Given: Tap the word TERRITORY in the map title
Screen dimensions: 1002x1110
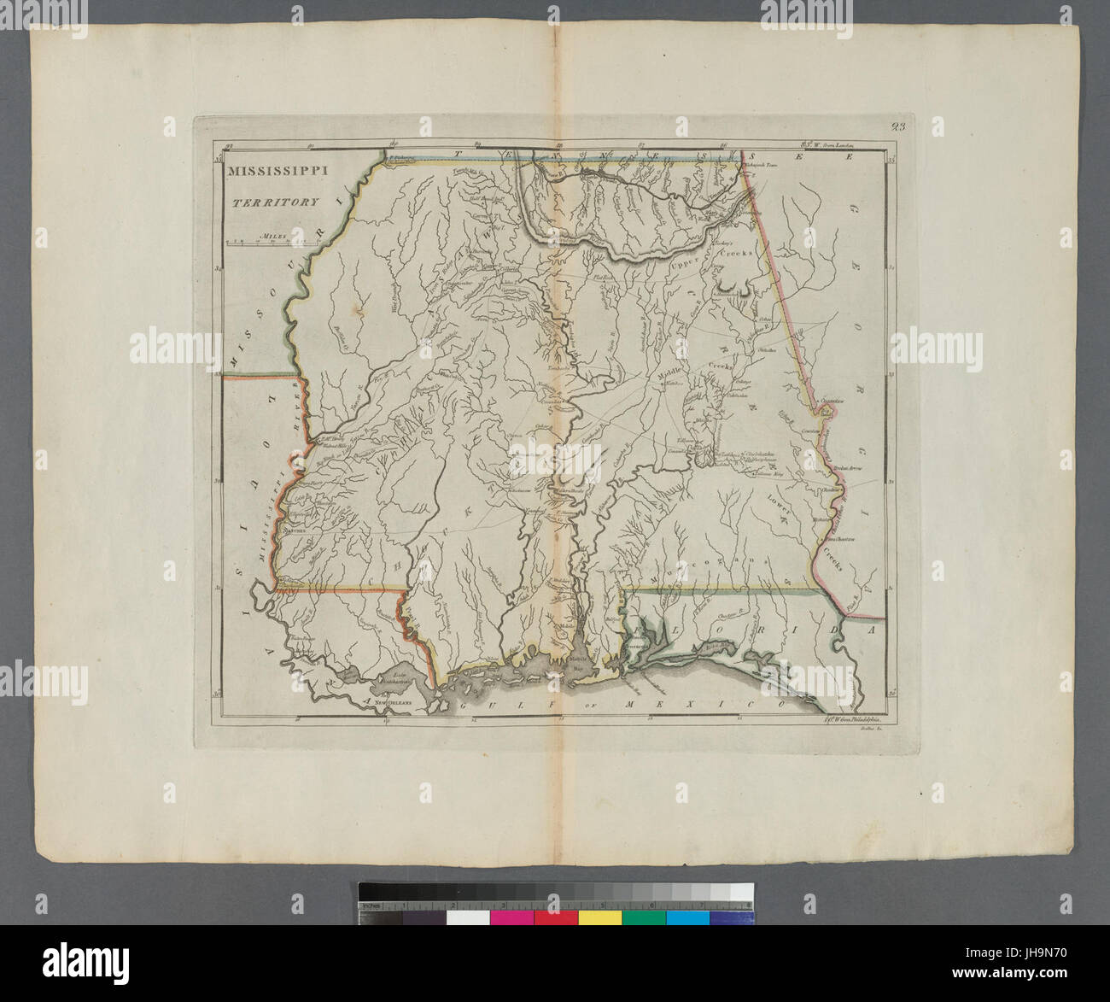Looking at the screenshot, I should point(273,202).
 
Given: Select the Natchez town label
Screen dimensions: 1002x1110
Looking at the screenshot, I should point(295,530).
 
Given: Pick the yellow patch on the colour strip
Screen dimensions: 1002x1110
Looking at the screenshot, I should point(599,917).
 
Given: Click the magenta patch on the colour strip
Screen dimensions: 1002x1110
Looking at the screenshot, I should point(511,917).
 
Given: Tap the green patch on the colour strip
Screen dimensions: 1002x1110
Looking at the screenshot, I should point(644,917).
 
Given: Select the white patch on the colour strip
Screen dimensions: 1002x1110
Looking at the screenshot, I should point(468,917).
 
